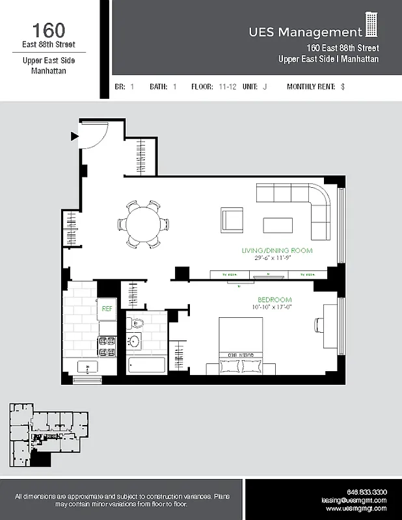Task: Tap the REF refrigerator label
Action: pyautogui.click(x=106, y=309)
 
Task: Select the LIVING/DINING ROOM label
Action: pyautogui.click(x=276, y=250)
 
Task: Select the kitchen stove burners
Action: pyautogui.click(x=106, y=346)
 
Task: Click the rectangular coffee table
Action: pyautogui.click(x=278, y=225)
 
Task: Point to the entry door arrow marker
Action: pyautogui.click(x=74, y=136)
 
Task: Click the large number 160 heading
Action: pyautogui.click(x=48, y=30)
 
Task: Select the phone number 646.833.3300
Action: pyautogui.click(x=366, y=491)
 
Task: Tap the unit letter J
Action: pyautogui.click(x=265, y=86)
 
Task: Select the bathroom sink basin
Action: pyautogui.click(x=135, y=340)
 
